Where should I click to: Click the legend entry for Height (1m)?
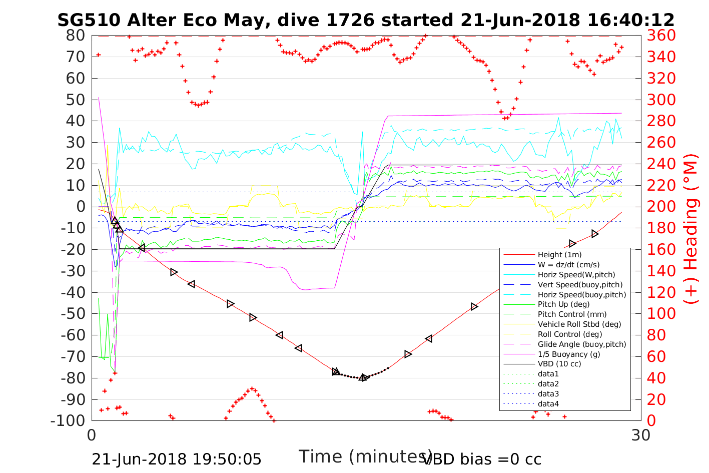coord(559,255)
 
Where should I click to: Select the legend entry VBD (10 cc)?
coord(559,364)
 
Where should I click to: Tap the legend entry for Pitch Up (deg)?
coord(563,304)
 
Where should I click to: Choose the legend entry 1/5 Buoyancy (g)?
coord(569,354)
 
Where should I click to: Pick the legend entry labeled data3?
coord(548,394)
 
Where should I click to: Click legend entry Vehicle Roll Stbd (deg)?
coord(579,324)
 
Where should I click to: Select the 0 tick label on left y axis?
coord(80,207)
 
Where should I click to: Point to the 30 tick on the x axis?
coord(641,435)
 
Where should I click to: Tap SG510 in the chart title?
coord(89,20)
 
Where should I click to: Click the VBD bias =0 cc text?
coord(482,459)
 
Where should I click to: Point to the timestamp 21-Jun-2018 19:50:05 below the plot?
coord(177,459)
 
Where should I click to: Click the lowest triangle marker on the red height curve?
coord(364,377)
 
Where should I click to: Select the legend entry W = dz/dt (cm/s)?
coord(568,265)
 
